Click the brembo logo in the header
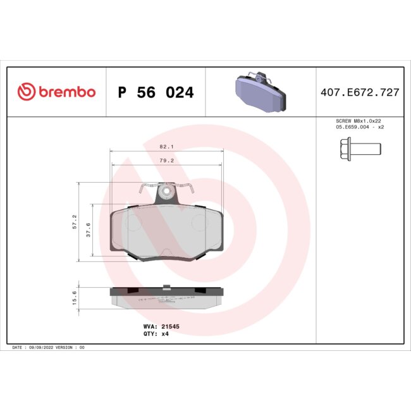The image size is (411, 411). pos(56,92)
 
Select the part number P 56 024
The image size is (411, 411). pos(156,93)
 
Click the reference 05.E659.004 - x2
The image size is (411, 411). pos(359,127)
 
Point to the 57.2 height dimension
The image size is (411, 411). pos(74,221)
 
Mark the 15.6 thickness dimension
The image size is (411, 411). pos(74,298)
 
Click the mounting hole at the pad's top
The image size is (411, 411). pos(167,190)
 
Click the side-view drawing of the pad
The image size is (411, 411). pos(167,297)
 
